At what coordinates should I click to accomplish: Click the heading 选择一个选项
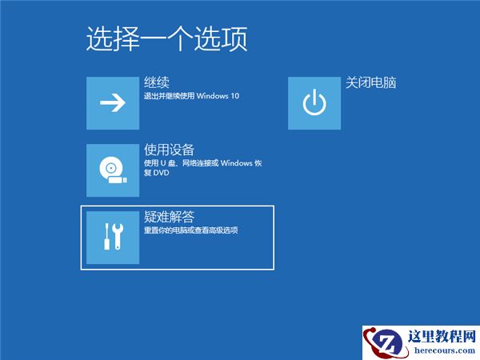pos(166,38)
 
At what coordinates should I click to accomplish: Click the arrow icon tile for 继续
pos(113,102)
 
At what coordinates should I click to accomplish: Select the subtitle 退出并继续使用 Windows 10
pos(191,97)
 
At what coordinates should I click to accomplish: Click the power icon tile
pos(314,102)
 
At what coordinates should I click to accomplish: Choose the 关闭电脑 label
pos(371,83)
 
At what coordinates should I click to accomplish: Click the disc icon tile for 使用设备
pos(113,170)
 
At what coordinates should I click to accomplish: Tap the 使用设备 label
pos(170,150)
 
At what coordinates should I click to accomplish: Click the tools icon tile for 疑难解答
pos(113,237)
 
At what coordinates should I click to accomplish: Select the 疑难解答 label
pos(170,217)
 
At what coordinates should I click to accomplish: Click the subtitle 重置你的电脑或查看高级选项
pos(191,230)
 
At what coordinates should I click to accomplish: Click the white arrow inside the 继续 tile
pos(113,102)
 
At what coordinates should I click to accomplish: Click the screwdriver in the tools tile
pos(106,237)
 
